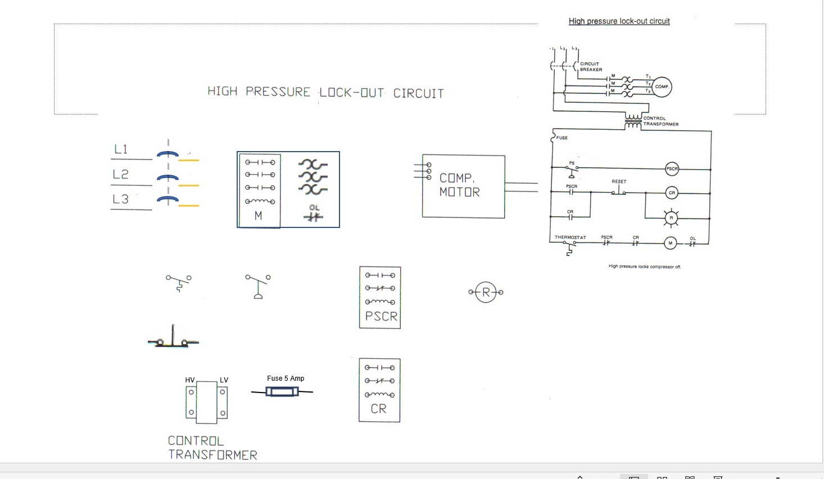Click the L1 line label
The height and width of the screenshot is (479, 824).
click(x=121, y=149)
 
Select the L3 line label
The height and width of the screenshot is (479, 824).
click(x=121, y=199)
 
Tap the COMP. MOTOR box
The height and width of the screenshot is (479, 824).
click(x=463, y=186)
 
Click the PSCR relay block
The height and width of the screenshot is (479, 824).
click(x=380, y=298)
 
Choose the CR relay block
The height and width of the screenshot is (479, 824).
click(x=379, y=390)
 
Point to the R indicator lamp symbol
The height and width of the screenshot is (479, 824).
click(x=486, y=292)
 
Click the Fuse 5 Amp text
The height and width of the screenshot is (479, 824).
click(x=286, y=378)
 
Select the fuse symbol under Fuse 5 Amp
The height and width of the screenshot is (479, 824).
click(x=282, y=392)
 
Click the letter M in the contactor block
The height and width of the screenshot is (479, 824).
click(x=259, y=216)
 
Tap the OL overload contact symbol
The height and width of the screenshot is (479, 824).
click(x=314, y=216)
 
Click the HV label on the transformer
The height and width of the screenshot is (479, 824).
click(x=190, y=380)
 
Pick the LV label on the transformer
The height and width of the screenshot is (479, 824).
click(x=224, y=380)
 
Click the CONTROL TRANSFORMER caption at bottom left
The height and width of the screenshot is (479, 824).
click(x=212, y=448)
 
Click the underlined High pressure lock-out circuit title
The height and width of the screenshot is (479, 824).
click(x=619, y=21)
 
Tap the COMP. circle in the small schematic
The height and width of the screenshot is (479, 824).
click(x=662, y=86)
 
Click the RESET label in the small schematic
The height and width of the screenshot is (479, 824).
click(x=619, y=182)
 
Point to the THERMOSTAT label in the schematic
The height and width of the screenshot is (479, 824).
click(x=570, y=238)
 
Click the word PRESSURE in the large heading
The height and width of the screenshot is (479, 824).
click(x=278, y=92)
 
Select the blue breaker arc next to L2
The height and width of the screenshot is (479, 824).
click(x=167, y=178)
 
